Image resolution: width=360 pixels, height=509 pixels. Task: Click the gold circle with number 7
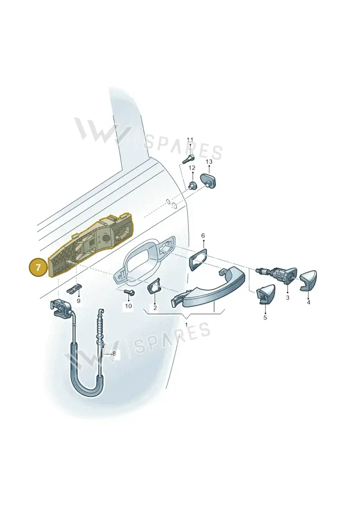click(39, 268)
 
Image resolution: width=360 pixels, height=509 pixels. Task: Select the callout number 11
click(190, 140)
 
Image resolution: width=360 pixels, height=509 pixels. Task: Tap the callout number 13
click(209, 161)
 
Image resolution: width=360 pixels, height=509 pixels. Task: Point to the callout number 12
click(192, 168)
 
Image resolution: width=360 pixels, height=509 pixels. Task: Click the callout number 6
click(203, 235)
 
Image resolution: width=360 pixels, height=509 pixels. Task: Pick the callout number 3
click(288, 297)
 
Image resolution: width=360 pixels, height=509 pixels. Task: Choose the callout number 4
click(308, 302)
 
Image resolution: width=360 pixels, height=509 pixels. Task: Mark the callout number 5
click(265, 317)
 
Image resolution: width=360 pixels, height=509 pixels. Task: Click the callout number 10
click(129, 306)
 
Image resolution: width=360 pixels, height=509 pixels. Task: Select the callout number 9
click(78, 301)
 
